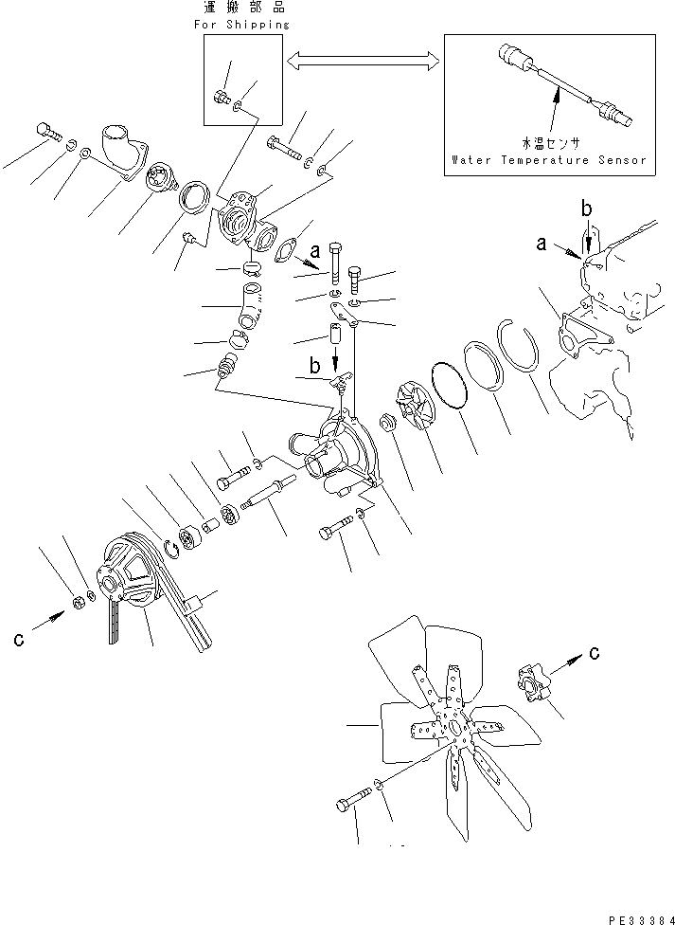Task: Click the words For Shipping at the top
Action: tap(245, 24)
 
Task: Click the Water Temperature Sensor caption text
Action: tap(549, 159)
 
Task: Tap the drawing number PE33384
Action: tap(636, 917)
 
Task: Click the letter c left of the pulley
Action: tap(19, 640)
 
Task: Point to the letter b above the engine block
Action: tap(588, 207)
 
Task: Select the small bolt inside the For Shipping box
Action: tap(221, 96)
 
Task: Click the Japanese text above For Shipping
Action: tap(245, 8)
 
